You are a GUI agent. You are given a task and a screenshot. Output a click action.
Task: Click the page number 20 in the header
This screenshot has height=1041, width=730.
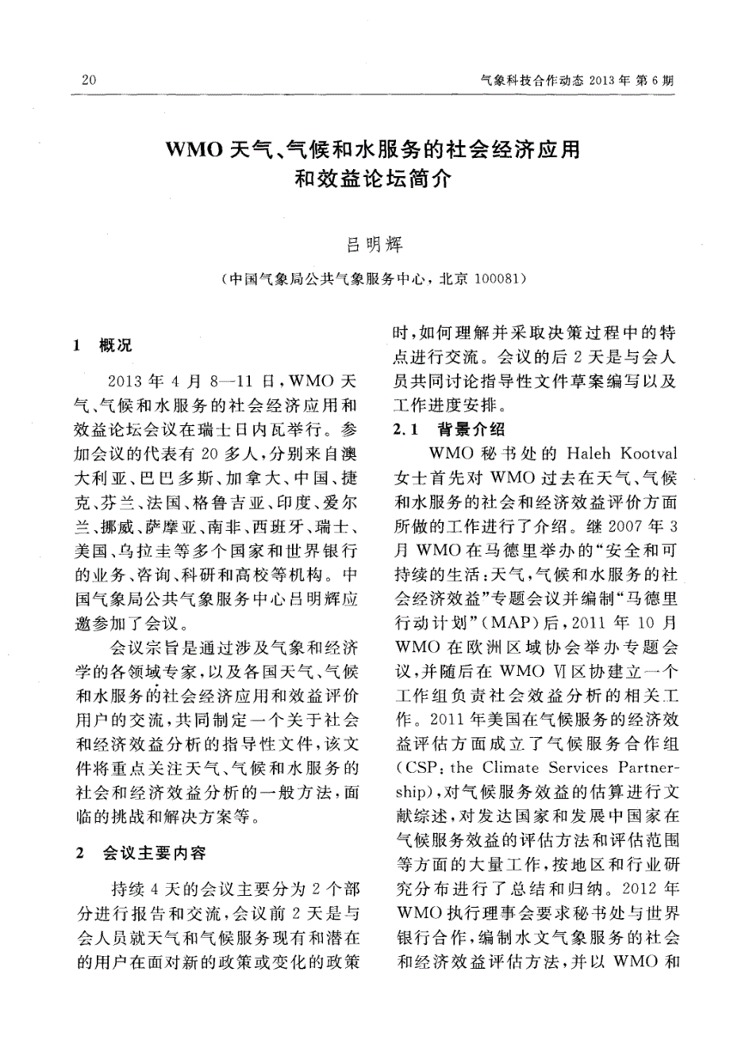(89, 81)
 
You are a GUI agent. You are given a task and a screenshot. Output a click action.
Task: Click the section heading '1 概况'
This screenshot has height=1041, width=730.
(103, 346)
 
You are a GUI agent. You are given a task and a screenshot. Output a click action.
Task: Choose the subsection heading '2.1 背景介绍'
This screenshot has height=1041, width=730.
(449, 431)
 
